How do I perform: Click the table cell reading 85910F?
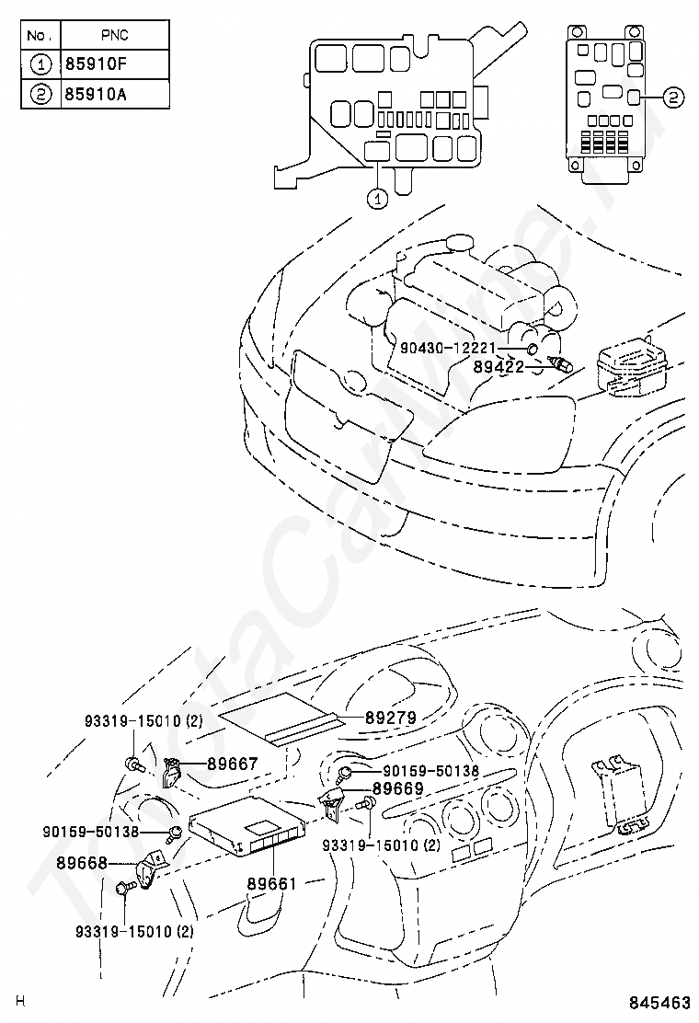click(115, 64)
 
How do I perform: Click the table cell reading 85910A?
click(115, 95)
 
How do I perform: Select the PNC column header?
click(115, 35)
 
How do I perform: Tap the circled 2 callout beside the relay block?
click(672, 97)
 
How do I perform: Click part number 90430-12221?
click(448, 348)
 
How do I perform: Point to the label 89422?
click(498, 365)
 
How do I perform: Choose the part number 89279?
click(391, 718)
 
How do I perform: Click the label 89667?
click(232, 762)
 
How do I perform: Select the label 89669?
click(397, 787)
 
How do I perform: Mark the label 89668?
click(82, 863)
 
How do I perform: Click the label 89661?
click(271, 883)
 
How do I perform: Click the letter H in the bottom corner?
click(20, 1001)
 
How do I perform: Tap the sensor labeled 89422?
click(560, 363)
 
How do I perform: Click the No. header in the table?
click(38, 35)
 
